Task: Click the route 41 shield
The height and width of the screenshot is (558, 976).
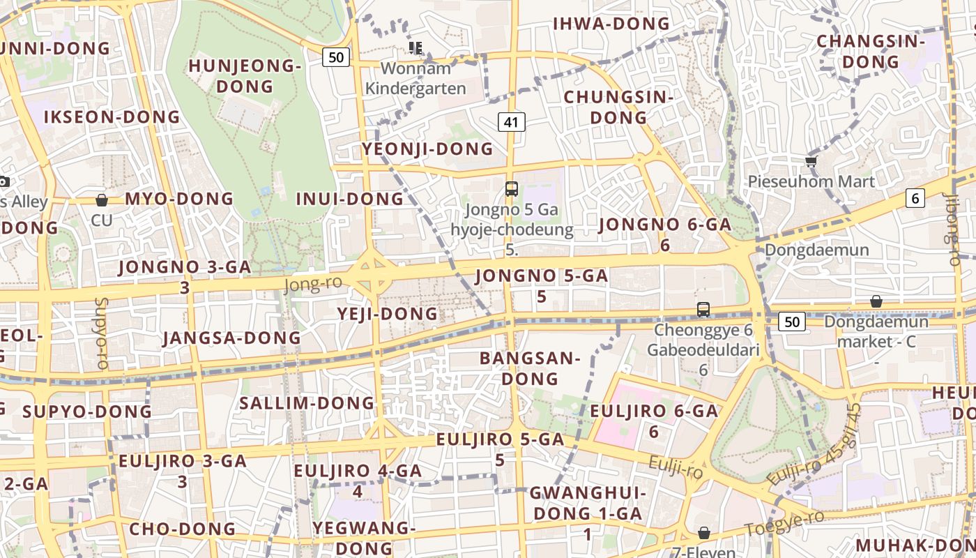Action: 512,122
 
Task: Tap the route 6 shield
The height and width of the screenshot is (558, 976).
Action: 915,198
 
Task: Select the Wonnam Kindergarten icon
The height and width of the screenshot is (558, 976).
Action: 415,48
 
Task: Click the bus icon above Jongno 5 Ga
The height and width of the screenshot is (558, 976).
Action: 512,188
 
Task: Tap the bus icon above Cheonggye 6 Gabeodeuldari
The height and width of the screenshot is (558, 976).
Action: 703,309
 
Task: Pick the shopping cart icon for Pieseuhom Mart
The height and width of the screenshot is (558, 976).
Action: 811,162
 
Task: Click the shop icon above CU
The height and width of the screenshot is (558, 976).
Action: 102,200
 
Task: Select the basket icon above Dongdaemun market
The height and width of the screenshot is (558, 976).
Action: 876,301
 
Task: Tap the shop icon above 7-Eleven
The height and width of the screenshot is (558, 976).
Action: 704,534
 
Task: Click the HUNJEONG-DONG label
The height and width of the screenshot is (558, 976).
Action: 245,76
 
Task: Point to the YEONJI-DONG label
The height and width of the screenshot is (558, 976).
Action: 427,149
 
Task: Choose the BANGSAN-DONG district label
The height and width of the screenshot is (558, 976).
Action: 530,368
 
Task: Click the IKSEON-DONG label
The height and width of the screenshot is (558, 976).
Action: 112,116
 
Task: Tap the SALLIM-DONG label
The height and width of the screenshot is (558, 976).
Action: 307,403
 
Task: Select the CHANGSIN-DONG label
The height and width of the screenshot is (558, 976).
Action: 871,52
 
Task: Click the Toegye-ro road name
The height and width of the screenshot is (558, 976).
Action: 784,523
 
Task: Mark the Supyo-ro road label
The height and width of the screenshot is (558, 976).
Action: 102,333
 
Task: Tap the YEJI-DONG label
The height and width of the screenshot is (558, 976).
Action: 388,314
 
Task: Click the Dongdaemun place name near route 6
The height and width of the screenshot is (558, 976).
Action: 817,250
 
